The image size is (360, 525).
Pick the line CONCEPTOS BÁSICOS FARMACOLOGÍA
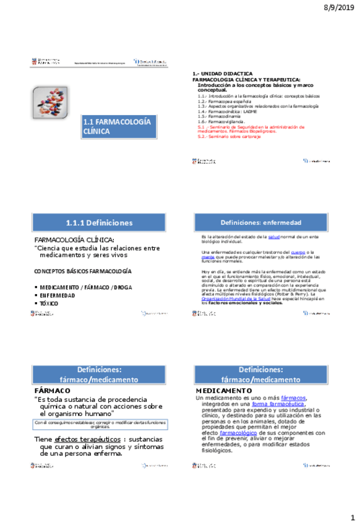coord(82,272)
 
